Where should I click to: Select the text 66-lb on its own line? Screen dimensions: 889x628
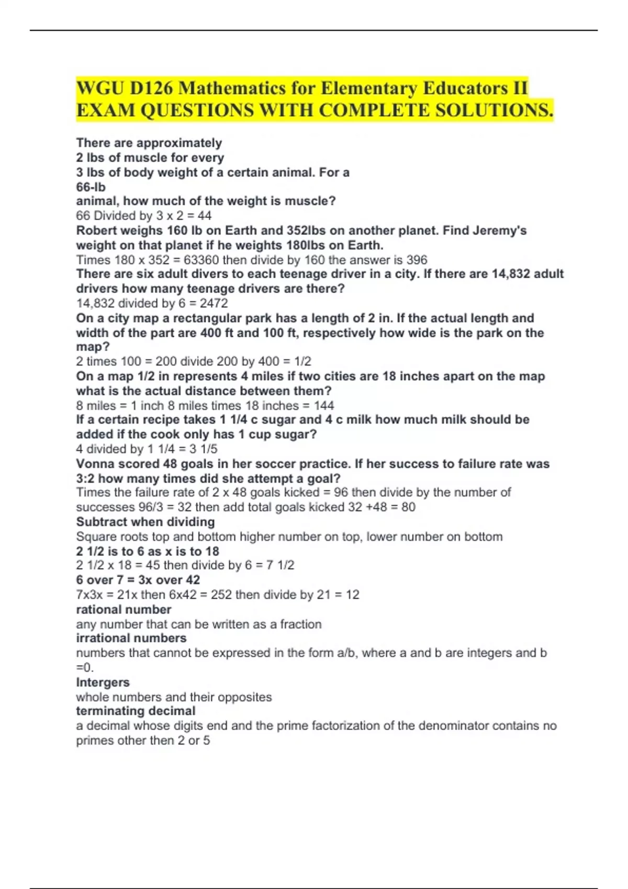91,187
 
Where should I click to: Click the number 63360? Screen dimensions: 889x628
201,260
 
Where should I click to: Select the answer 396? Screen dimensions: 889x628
417,260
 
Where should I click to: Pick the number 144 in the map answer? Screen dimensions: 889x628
324,405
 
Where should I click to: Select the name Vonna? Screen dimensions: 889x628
93,464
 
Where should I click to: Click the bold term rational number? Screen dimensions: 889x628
124,610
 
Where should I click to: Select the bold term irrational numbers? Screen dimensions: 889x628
131,638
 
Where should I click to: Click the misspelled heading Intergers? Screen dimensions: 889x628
103,682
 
